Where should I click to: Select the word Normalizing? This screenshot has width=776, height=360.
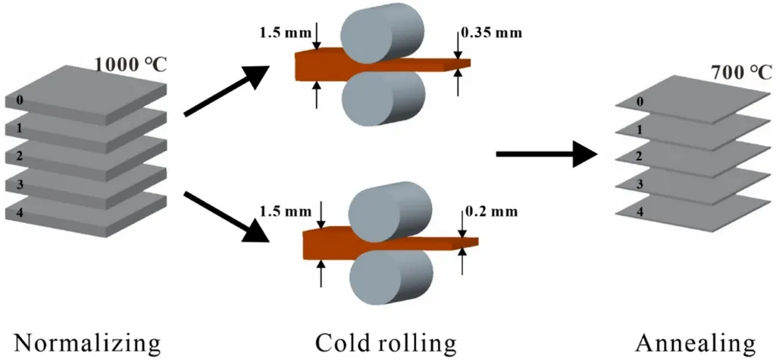tap(87, 343)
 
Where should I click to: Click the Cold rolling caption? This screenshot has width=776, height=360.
tap(386, 343)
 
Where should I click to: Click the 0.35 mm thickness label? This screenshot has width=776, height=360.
tap(492, 33)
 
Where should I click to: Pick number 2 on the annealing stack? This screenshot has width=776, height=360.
tap(641, 156)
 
